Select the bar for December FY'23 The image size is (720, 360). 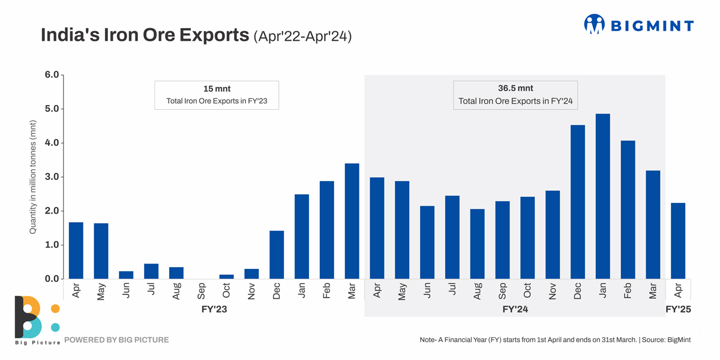click(x=277, y=254)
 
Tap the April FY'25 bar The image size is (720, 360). click(x=678, y=241)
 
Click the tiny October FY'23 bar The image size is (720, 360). click(x=226, y=277)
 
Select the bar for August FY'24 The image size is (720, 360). click(x=478, y=244)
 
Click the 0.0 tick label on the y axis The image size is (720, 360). click(x=52, y=279)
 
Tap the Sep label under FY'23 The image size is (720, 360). click(x=202, y=290)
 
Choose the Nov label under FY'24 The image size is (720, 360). click(x=553, y=291)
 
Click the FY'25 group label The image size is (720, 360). click(x=679, y=310)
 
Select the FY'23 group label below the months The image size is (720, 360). click(x=214, y=310)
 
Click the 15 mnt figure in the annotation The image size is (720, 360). click(x=217, y=89)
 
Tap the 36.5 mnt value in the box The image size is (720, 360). click(x=515, y=88)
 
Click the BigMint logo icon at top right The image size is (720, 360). click(x=594, y=24)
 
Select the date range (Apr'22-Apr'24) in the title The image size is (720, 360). click(x=302, y=36)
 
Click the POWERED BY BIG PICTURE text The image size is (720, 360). click(x=116, y=340)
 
